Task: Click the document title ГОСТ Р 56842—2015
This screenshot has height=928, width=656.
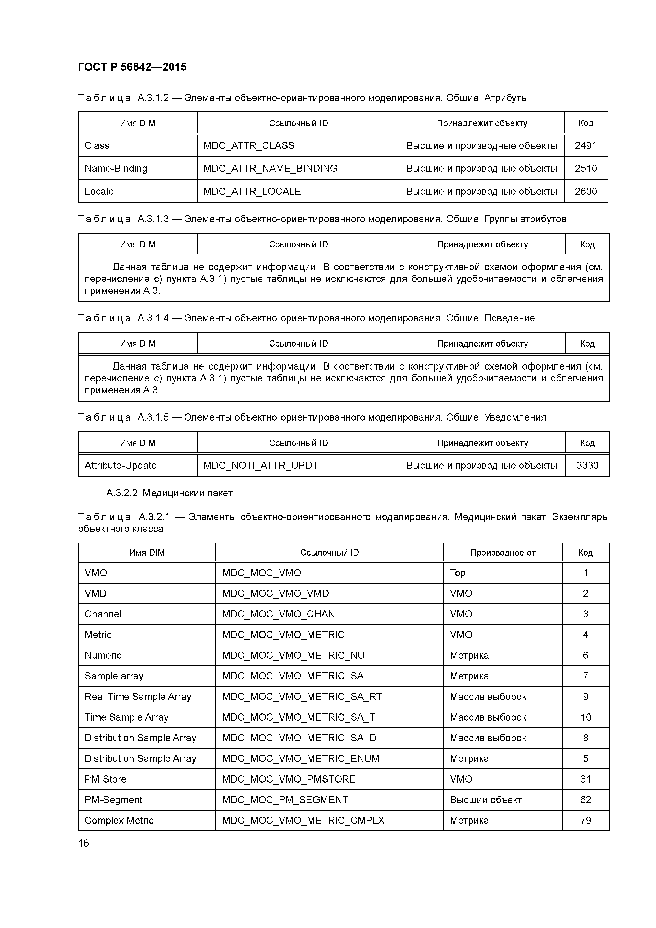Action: pos(132,67)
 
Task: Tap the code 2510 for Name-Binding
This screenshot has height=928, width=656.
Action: pos(585,168)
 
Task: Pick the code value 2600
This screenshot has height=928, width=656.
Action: pos(585,191)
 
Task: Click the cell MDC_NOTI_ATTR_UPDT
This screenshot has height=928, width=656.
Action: pos(261,465)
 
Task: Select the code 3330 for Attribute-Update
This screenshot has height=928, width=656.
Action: pos(587,465)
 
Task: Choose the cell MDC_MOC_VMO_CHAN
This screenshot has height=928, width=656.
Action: pos(279,614)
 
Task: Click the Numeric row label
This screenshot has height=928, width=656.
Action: pos(103,655)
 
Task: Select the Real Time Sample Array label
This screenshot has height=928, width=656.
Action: pos(138,697)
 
